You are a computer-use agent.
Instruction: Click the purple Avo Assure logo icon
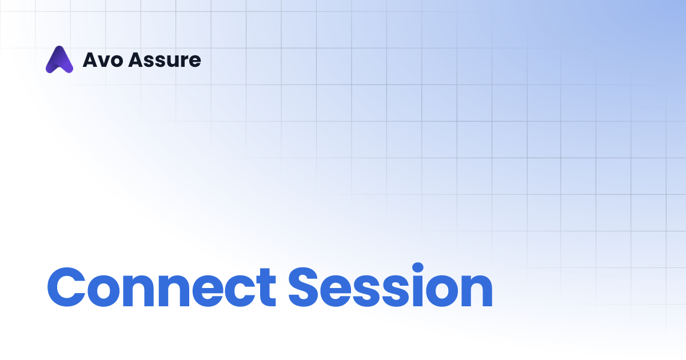(x=59, y=59)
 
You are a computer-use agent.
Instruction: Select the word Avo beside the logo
(x=101, y=60)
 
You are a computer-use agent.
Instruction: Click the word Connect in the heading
(x=161, y=287)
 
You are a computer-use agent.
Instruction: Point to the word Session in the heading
(x=390, y=287)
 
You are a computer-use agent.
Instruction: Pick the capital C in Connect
(x=68, y=287)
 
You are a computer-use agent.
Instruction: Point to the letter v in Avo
(x=101, y=62)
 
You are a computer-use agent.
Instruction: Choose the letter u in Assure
(x=167, y=62)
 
